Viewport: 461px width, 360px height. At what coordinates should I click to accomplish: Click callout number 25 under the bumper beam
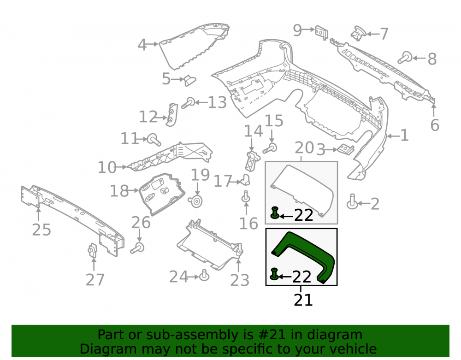pos(41,230)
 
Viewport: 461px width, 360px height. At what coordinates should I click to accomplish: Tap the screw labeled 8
pos(405,57)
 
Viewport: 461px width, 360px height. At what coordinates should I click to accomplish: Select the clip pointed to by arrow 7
pos(358,33)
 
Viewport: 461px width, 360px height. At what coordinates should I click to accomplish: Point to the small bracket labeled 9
pos(322,32)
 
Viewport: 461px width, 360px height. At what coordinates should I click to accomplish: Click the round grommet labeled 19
pos(195,201)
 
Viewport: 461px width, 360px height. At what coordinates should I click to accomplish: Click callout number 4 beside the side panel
pos(142,45)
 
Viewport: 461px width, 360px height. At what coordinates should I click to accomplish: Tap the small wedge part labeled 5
pos(189,80)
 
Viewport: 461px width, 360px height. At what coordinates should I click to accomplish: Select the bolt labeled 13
pos(188,103)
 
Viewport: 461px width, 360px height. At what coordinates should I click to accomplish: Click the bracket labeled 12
pos(172,115)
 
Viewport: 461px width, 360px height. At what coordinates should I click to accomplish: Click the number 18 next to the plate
pos(119,191)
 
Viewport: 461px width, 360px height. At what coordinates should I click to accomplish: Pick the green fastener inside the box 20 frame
pos(275,213)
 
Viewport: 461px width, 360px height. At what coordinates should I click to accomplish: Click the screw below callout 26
pos(137,248)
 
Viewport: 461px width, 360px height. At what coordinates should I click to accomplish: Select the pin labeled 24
pos(204,275)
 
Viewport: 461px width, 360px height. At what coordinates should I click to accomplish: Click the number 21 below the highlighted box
pos(303,300)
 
